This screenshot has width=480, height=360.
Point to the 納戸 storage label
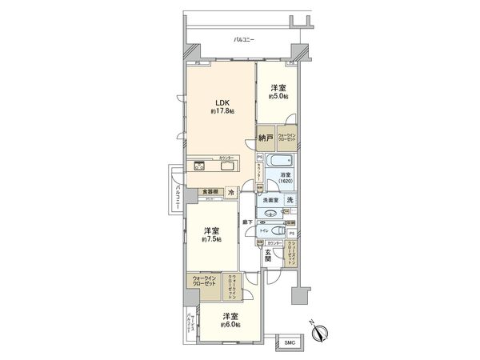266,138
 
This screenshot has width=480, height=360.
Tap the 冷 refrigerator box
230,193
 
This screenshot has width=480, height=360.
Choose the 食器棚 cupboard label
209,192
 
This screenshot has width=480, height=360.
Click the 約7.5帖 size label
212,239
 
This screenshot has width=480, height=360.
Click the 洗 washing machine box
290,200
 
